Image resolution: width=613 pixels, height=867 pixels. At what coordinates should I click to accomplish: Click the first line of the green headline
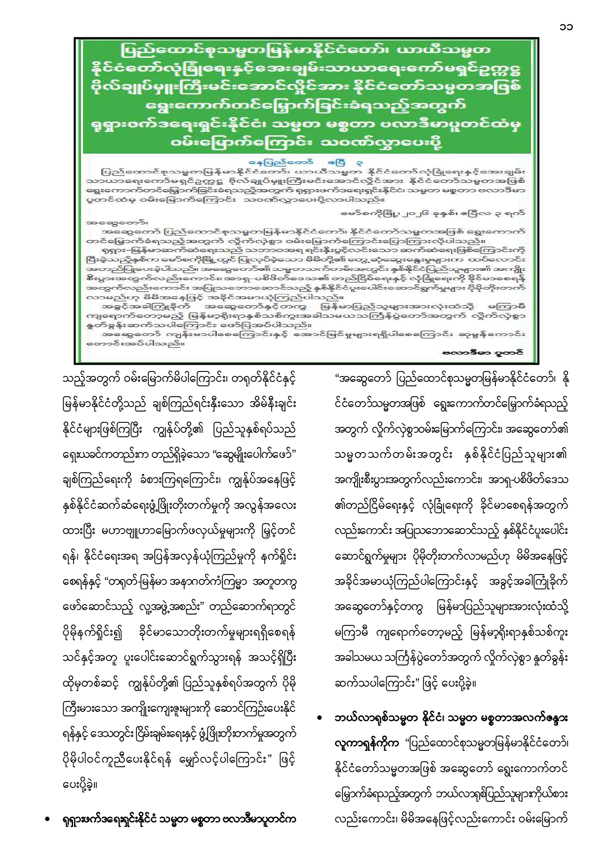click(305, 50)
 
